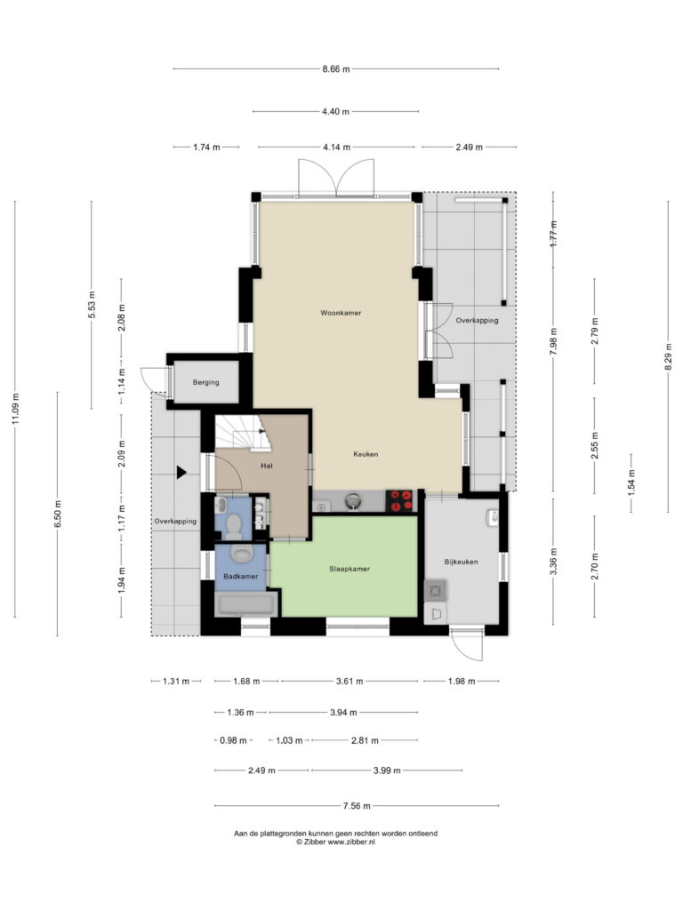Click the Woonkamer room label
click(341, 313)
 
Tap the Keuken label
click(366, 454)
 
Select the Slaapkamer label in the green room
click(350, 570)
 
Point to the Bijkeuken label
click(462, 562)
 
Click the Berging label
click(206, 382)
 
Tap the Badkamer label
click(241, 576)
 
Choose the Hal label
click(267, 466)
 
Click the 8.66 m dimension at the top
click(336, 69)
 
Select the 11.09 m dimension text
click(16, 409)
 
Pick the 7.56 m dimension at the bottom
click(357, 806)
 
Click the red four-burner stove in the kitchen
click(401, 501)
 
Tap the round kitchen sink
click(352, 500)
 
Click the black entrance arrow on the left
click(181, 473)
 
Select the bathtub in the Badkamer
click(245, 604)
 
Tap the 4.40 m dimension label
click(335, 111)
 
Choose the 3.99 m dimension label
click(387, 770)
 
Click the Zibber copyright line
click(335, 842)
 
